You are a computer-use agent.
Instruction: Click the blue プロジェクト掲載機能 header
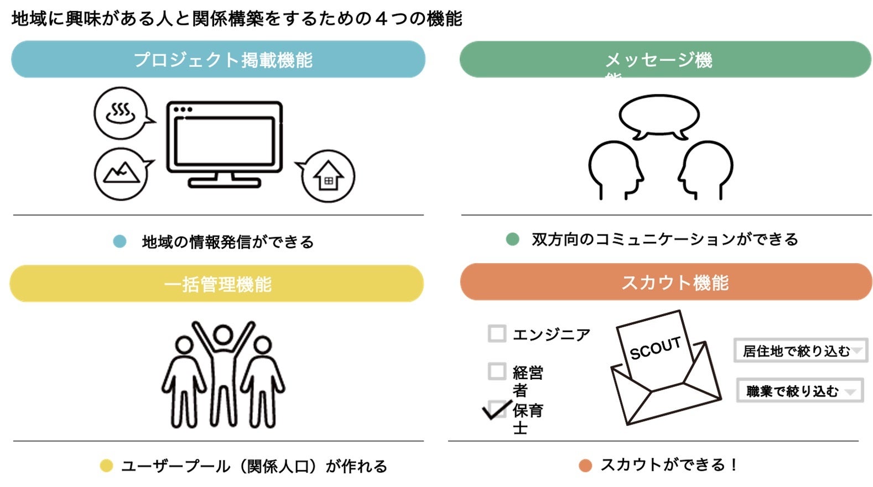pos(218,59)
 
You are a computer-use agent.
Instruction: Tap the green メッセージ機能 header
pos(665,59)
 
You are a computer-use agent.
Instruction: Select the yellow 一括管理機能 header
pos(217,284)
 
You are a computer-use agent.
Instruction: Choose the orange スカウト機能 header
pos(666,282)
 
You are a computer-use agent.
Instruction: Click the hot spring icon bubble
pos(121,113)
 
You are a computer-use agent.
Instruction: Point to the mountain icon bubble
pos(121,174)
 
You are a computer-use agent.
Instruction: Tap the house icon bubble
pos(328,176)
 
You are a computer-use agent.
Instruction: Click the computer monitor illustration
pos(224,143)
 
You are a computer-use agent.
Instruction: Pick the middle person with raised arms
pos(223,370)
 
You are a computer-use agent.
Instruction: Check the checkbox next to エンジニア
pos(497,334)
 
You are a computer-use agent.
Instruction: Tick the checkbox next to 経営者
pos(497,371)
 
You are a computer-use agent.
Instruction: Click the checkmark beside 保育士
pos(497,410)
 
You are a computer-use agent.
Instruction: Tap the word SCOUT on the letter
pos(655,348)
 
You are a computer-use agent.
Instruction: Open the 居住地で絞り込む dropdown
pos(800,350)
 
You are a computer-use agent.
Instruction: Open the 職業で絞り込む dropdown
pos(799,391)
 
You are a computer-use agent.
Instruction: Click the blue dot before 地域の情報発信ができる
pos(119,242)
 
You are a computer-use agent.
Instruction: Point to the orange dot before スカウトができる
pos(585,465)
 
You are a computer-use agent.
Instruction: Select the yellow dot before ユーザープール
pos(106,466)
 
